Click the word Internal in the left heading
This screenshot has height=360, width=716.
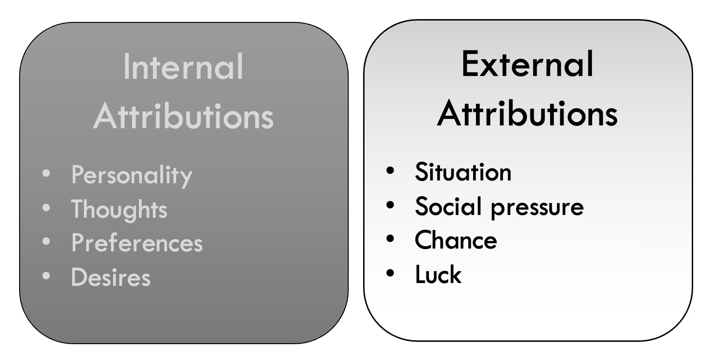pos(183,67)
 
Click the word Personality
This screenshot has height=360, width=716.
pos(131,175)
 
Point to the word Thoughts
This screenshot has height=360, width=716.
pos(119,209)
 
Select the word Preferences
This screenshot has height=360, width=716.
pos(137,243)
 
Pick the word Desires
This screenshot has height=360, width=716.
pos(111,277)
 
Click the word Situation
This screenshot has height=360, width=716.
pos(463,172)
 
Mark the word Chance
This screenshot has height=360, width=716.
pos(456,240)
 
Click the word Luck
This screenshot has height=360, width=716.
pos(438,275)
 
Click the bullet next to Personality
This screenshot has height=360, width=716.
pos(46,174)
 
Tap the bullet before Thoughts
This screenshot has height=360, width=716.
pos(46,208)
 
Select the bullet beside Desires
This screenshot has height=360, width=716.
pos(46,276)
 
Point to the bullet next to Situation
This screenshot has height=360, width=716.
pos(390,171)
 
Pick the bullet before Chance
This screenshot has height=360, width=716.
pos(390,239)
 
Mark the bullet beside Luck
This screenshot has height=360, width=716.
pos(390,273)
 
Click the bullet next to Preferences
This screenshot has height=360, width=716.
pos(46,242)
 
